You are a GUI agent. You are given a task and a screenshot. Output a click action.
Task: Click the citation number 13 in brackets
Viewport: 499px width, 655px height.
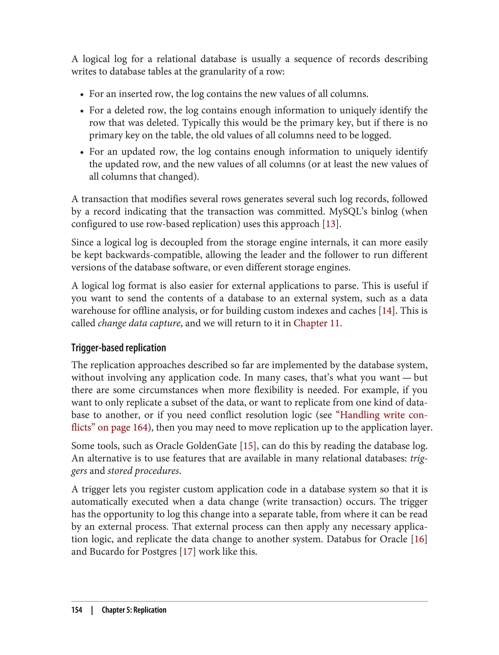tap(331, 224)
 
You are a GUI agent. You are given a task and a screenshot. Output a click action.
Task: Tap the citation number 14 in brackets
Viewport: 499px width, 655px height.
tap(386, 311)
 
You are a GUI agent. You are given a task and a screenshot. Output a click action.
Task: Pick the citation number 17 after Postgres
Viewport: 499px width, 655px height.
tap(187, 551)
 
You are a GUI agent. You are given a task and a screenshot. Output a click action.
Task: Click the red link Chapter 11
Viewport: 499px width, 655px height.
tap(316, 323)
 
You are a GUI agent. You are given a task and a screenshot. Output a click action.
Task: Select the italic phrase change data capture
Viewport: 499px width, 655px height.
tap(139, 323)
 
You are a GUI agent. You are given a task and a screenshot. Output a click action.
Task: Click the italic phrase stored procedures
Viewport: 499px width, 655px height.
tap(144, 471)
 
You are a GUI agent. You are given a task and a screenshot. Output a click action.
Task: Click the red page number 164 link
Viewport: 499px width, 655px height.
tap(140, 427)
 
